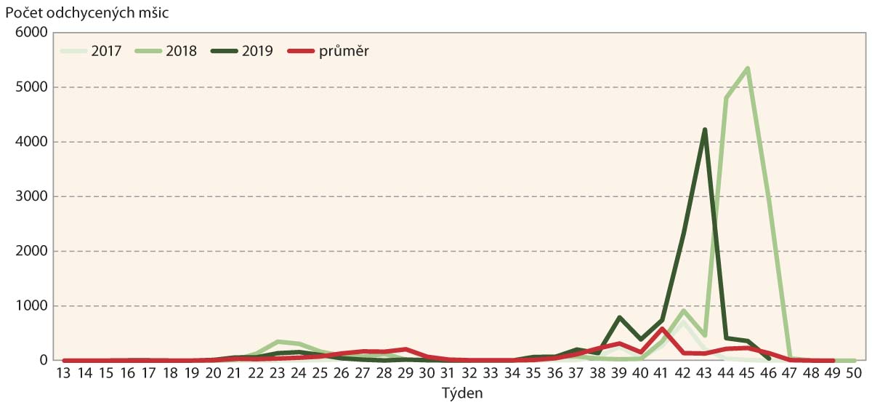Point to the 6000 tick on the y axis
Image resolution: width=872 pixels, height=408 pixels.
click(x=33, y=33)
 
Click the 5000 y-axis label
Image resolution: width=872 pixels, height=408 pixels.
click(x=33, y=87)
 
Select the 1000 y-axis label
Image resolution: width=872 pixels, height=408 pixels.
click(x=33, y=305)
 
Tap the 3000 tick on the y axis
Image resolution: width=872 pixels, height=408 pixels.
click(x=33, y=196)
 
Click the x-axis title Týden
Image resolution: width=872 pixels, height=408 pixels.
click(x=462, y=393)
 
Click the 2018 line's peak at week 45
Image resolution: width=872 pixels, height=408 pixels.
click(x=748, y=68)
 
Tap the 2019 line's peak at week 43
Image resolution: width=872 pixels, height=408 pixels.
click(x=705, y=129)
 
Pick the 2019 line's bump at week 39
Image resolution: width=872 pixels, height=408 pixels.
click(x=619, y=317)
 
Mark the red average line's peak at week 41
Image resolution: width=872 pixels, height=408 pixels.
click(x=662, y=329)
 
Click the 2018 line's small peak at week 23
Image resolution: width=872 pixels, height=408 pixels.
click(x=278, y=341)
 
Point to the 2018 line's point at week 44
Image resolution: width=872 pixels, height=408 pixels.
click(x=726, y=98)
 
